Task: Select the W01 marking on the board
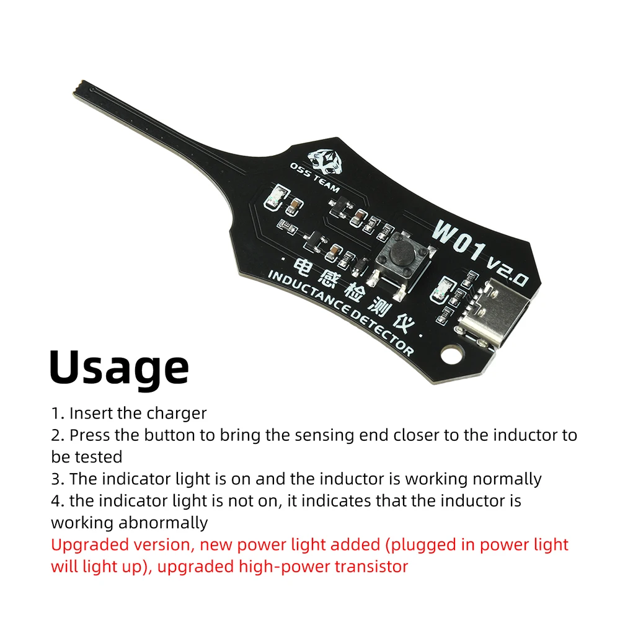(x=459, y=239)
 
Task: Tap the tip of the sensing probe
(x=78, y=89)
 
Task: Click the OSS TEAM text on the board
(x=314, y=177)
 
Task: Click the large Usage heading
(x=119, y=368)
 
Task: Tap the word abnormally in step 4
(x=163, y=523)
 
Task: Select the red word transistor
(x=371, y=567)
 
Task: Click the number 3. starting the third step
(x=58, y=479)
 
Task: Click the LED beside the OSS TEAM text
(x=273, y=197)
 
